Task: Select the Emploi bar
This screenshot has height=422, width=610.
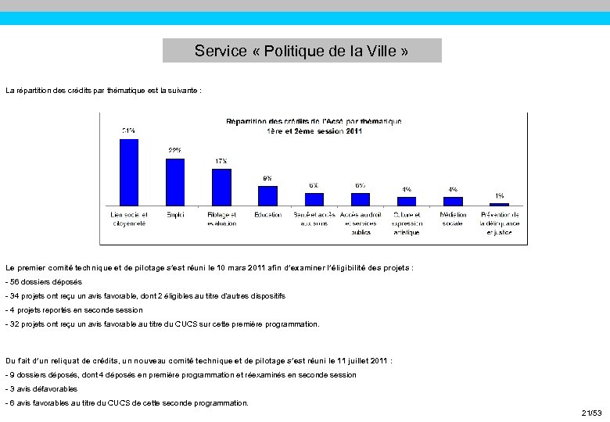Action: [175, 181]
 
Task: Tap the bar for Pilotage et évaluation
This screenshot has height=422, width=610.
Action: [221, 187]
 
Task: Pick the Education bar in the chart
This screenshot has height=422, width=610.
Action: [267, 195]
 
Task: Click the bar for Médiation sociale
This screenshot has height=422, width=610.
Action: [453, 201]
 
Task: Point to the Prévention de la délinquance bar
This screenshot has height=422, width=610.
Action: [499, 204]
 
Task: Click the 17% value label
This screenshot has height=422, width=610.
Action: [221, 162]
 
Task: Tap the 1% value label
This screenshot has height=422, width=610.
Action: [499, 195]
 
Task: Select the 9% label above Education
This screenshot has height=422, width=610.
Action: [267, 178]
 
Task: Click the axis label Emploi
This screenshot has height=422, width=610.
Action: [175, 215]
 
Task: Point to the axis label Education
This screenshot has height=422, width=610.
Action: [267, 215]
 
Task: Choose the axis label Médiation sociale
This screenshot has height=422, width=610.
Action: [453, 219]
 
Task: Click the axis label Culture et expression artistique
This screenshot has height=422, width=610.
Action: [407, 224]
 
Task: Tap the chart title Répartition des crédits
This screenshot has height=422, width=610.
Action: [314, 126]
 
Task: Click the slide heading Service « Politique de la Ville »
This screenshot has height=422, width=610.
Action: [302, 52]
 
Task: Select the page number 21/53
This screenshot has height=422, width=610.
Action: [591, 412]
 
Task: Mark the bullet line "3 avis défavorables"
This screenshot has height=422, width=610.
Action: [42, 388]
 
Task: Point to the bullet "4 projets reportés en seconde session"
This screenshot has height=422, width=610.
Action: [74, 309]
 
